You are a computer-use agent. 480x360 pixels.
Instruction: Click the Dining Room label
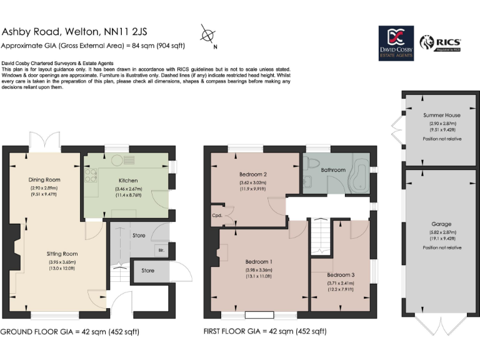[x=44, y=180]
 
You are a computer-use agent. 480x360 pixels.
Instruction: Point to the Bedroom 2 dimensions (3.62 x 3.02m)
[x=253, y=183]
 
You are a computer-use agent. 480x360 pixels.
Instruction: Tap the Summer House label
[x=441, y=116]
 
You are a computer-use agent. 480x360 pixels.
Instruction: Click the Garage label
[x=441, y=224]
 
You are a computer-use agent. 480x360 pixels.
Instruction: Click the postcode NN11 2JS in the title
[x=134, y=32]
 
